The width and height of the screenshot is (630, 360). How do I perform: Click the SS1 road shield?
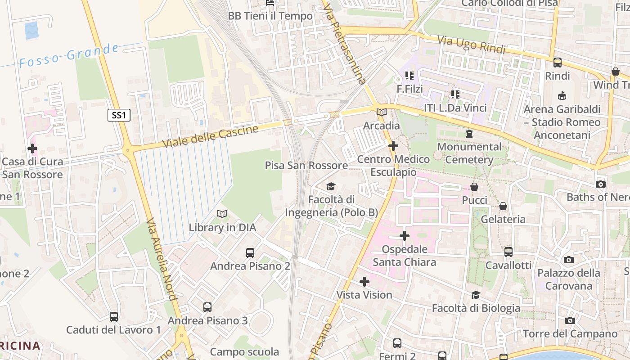[x=119, y=115]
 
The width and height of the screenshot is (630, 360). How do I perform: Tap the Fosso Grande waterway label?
[x=69, y=56]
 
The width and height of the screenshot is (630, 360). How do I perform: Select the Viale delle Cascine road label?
[x=210, y=136]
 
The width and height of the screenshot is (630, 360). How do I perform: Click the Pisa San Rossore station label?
[x=306, y=165]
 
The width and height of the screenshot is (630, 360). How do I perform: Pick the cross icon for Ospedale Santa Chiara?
[x=404, y=235]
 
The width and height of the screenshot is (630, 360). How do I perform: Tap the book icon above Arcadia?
[x=381, y=112]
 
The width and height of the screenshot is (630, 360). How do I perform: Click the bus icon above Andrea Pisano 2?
[x=250, y=253]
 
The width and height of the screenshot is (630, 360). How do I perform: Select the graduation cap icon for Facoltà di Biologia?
[x=476, y=295]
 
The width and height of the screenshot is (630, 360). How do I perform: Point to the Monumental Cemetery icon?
[x=469, y=134]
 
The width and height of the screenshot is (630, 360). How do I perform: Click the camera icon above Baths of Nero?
[x=600, y=184]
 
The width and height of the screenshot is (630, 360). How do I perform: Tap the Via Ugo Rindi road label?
[x=472, y=44]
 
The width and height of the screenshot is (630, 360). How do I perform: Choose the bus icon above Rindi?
[x=557, y=63]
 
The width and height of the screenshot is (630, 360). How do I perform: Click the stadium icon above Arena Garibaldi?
[x=562, y=96]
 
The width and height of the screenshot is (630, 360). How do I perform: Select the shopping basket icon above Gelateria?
[x=503, y=206]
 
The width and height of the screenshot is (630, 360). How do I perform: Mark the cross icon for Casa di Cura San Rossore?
[x=32, y=148]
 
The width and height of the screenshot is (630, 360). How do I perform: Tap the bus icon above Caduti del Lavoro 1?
[x=113, y=317]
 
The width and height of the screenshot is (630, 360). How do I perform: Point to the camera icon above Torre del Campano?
[x=570, y=320]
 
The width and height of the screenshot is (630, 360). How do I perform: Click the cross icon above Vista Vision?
[x=364, y=282]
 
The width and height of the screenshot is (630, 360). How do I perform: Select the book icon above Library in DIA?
[x=222, y=214]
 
